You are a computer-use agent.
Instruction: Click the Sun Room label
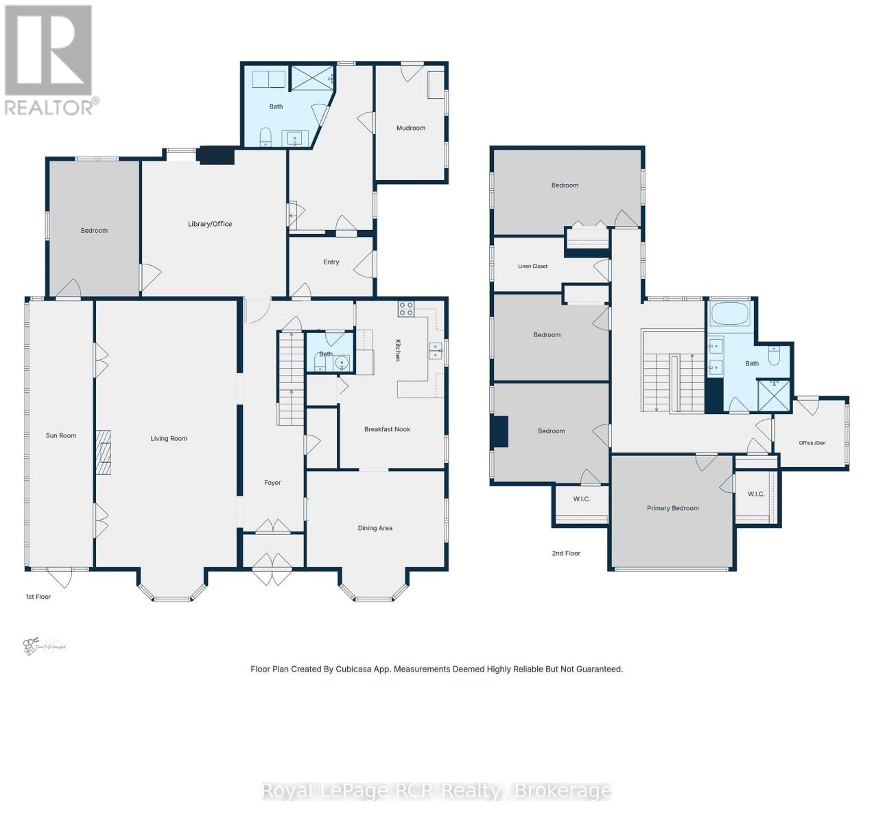pos(61,435)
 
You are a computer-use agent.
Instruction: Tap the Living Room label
pos(169,438)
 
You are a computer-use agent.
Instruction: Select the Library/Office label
pos(210,224)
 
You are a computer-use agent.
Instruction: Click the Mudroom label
pos(411,128)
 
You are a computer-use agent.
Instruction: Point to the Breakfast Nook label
pos(387,429)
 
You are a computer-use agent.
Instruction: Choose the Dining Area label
pos(375,528)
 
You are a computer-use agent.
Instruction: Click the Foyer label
pos(272,483)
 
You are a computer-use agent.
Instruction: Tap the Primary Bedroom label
pos(672,508)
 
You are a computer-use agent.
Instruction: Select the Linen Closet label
pos(533,266)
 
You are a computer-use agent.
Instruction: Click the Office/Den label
pos(812,443)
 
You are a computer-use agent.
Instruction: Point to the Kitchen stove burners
pos(405,309)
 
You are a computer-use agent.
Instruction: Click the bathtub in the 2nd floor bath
pos(731,314)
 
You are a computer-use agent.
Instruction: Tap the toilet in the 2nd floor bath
pos(775,356)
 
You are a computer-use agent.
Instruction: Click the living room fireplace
pos(103,453)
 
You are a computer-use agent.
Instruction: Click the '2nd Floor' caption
pos(566,553)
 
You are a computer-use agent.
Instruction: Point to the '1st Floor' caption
pos(38,597)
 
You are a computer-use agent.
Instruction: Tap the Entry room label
pos(331,262)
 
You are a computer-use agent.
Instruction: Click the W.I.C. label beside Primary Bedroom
pos(756,494)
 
